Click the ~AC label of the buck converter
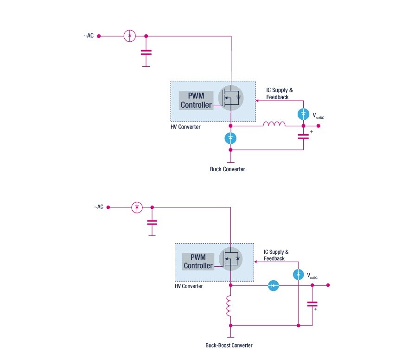[x=89, y=36]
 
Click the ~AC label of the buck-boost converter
[x=99, y=207]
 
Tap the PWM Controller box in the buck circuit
[x=196, y=101]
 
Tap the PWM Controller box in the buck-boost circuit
[x=198, y=261]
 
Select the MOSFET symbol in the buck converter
[x=231, y=98]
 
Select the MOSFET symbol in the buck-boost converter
[x=231, y=258]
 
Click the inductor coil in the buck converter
[x=274, y=124]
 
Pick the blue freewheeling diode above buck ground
[x=230, y=138]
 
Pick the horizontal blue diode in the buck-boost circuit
[x=273, y=286]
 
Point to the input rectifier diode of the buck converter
[x=130, y=36]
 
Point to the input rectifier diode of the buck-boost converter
[x=137, y=207]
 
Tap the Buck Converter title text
[x=227, y=169]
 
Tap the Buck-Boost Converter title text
[x=229, y=345]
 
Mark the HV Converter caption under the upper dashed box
[x=185, y=127]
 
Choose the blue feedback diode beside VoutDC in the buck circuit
[x=303, y=113]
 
